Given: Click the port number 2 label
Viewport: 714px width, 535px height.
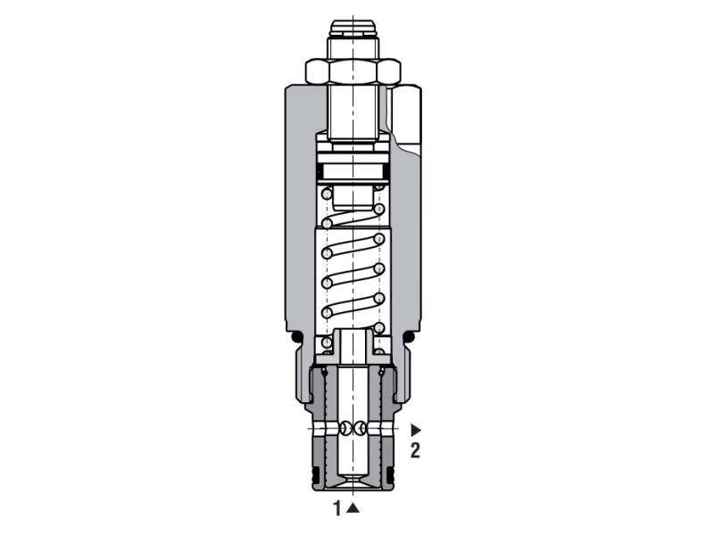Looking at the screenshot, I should (415, 450).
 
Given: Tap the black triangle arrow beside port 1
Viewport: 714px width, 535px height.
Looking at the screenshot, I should (353, 508).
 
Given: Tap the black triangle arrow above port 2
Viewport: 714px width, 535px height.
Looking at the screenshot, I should (415, 430).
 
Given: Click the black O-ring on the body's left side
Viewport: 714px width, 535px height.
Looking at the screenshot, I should (299, 336).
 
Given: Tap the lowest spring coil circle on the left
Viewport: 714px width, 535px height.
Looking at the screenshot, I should (327, 340).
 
